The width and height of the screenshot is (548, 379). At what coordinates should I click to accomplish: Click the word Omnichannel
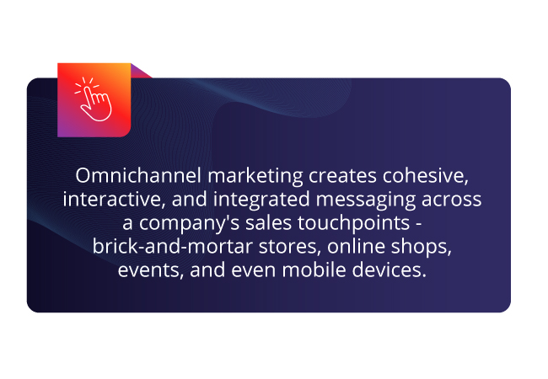pyautogui.click(x=138, y=175)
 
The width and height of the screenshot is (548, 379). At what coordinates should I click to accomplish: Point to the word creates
pyautogui.click(x=342, y=176)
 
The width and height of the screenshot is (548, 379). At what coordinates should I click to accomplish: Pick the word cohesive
pyautogui.click(x=425, y=176)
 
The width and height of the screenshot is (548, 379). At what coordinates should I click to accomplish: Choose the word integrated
pyautogui.click(x=261, y=200)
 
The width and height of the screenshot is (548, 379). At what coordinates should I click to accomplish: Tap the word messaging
pyautogui.click(x=366, y=200)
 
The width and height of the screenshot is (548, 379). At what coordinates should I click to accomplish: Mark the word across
pyautogui.click(x=452, y=200)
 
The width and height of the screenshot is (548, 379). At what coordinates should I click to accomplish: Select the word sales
pyautogui.click(x=268, y=223)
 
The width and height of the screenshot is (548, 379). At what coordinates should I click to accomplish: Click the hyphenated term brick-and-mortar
pyautogui.click(x=173, y=247)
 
